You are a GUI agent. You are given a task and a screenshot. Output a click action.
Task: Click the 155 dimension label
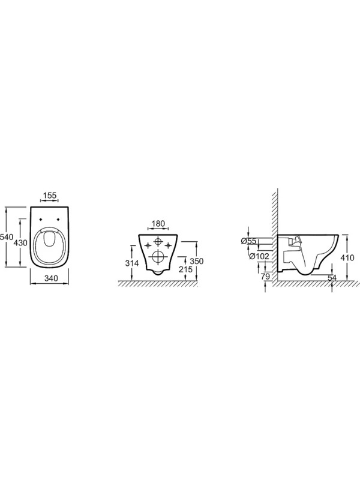[x=49, y=196]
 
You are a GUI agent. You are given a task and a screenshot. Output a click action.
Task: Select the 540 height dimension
[x=6, y=236]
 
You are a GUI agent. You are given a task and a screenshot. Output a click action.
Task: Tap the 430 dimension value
[x=20, y=243]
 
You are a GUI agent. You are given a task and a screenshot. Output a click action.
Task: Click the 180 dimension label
[x=158, y=224]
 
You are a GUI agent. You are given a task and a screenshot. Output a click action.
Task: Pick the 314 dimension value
[x=132, y=263]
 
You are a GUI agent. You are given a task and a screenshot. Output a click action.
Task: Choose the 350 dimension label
[x=197, y=261]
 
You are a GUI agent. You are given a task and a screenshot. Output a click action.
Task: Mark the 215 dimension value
[x=186, y=269]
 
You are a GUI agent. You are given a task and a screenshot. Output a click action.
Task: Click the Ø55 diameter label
[x=248, y=241]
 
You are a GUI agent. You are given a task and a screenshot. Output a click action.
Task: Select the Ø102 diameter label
[x=259, y=256]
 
